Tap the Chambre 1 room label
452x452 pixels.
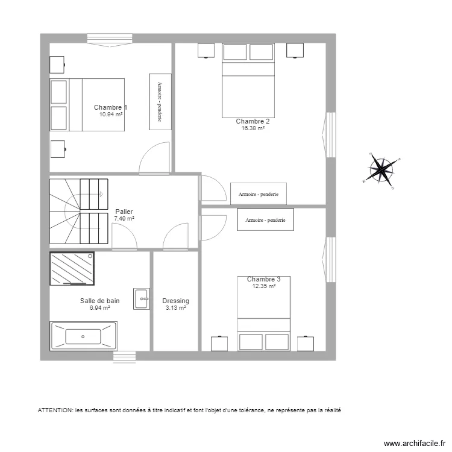coord(110,107)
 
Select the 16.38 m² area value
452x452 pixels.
coord(253,128)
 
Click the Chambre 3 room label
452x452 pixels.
coord(263,279)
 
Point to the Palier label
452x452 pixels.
coord(124,212)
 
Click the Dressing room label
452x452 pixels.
coord(175,301)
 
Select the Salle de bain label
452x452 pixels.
coord(99,301)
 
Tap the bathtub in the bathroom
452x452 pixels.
coord(83,336)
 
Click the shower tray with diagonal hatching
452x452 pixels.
coord(72,268)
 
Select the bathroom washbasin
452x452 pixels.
coord(142,297)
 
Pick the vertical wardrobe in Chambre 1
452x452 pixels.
coord(160,101)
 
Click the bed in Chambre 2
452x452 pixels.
coord(248,80)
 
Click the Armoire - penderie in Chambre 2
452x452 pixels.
coord(259,194)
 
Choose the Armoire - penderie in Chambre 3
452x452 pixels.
coord(265,220)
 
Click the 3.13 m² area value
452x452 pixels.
coord(175,308)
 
